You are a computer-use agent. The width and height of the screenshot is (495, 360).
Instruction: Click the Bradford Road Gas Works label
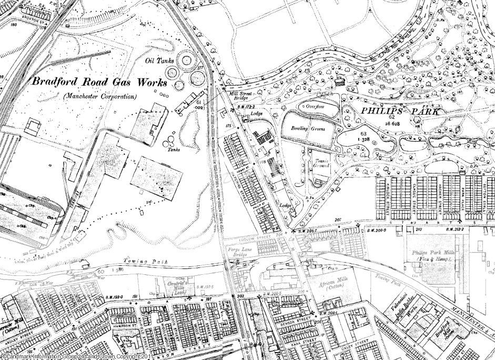pos(99,82)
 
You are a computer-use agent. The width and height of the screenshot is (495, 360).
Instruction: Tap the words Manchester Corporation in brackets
pos(99,97)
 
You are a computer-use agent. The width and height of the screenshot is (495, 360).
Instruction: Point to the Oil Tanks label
pos(159,61)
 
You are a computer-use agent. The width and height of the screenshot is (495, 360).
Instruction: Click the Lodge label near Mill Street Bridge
pos(257,114)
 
